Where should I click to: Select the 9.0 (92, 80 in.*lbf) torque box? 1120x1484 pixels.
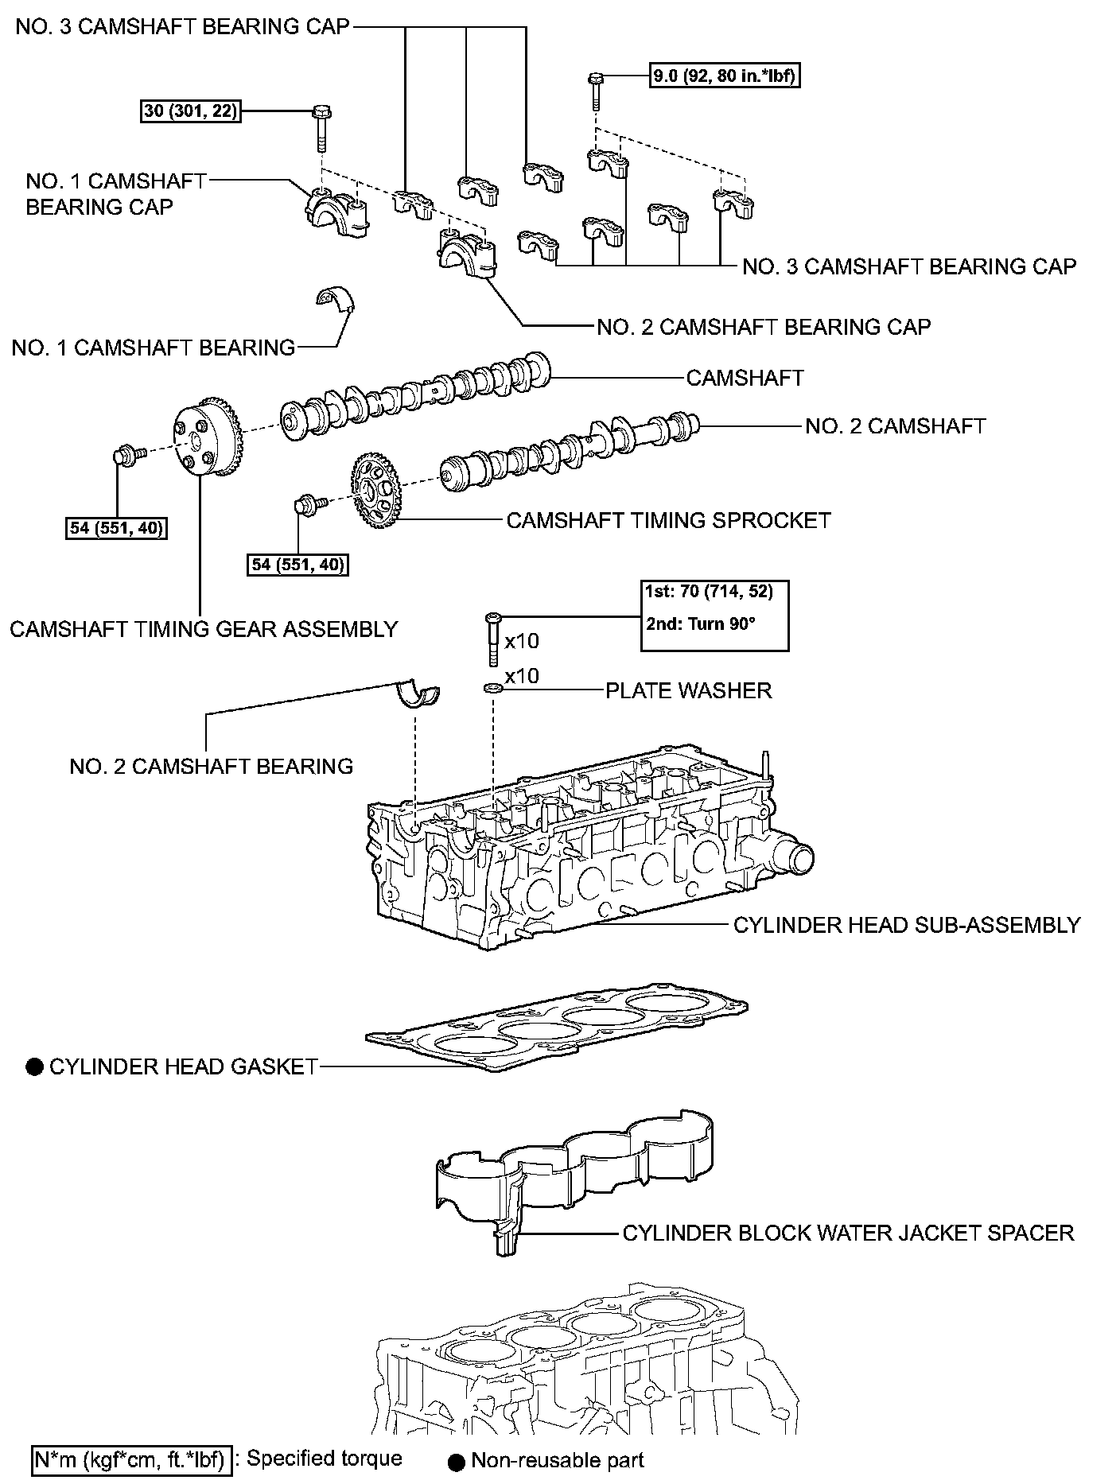[725, 76]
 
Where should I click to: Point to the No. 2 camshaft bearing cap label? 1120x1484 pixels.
[764, 327]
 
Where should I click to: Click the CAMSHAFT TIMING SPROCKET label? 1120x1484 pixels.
[668, 520]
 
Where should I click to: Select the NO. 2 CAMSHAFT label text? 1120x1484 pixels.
[895, 426]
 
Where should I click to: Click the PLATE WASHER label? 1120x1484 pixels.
[689, 690]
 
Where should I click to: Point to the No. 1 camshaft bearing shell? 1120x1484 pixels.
[334, 299]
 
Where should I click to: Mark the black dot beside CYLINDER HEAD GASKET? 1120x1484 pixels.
[34, 1067]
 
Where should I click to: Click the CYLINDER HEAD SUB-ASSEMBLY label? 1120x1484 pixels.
[906, 925]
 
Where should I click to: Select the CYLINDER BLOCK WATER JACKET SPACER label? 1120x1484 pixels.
[848, 1233]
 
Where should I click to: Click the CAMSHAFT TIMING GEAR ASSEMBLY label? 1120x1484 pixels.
[204, 629]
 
